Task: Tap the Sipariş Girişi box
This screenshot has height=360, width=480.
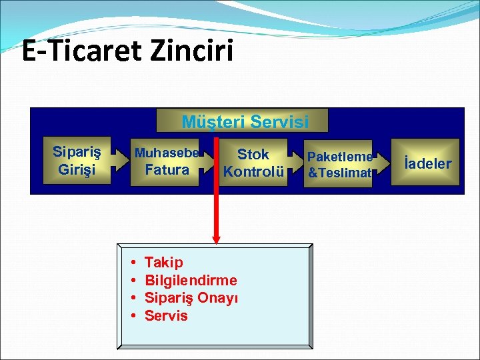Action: tap(77, 161)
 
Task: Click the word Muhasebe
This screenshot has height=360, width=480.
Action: tap(167, 153)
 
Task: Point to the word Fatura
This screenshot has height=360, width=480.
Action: tap(167, 170)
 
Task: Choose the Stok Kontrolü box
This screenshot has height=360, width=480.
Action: tap(253, 163)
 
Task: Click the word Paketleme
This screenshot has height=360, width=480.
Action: tap(340, 157)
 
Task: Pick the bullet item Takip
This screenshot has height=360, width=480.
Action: tap(163, 262)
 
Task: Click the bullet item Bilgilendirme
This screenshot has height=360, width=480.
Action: tap(191, 280)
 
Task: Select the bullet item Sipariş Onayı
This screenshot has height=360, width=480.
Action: tap(191, 298)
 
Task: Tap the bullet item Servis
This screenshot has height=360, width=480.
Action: tap(166, 316)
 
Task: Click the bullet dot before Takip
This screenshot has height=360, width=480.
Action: tap(133, 263)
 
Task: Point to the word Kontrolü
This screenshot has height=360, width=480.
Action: tap(253, 172)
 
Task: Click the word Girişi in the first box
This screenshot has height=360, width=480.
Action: tap(77, 169)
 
